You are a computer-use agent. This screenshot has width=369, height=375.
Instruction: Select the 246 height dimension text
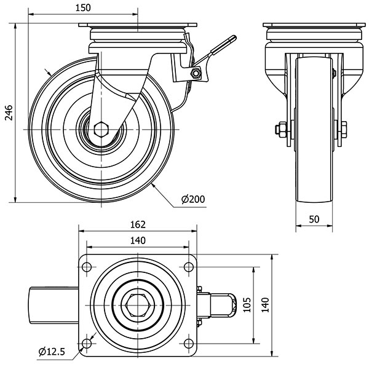click(x=8, y=112)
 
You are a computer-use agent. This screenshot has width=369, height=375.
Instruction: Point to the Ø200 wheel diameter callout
click(x=193, y=199)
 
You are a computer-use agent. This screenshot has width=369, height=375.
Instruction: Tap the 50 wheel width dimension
click(x=314, y=219)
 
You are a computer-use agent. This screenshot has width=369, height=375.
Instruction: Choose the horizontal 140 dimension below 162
click(x=138, y=240)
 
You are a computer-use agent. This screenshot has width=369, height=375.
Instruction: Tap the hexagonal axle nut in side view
click(x=102, y=130)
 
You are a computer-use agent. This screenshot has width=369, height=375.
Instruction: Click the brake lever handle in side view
click(x=221, y=45)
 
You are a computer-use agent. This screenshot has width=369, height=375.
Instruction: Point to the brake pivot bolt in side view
click(x=196, y=74)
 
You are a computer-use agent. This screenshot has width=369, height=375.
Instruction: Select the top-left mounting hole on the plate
click(x=85, y=267)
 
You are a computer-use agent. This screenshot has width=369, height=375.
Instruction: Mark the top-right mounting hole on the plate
click(x=186, y=267)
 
